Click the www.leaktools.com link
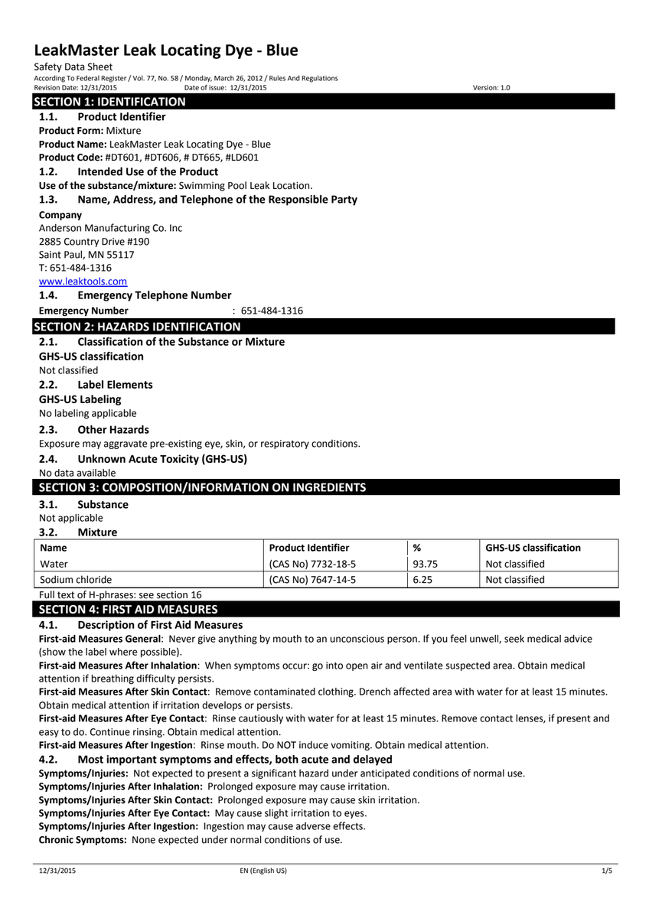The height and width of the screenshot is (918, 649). coord(83,282)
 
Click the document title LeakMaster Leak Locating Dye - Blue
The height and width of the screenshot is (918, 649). coord(166,50)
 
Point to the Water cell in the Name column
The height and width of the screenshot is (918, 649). coord(54,564)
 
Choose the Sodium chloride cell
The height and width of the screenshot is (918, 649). coord(75,579)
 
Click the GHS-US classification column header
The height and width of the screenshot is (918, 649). coord(533,548)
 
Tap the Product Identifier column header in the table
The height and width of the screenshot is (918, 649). coord(309,548)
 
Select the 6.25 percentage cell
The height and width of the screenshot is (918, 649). coord(422,579)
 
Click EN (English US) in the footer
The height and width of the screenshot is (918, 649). coord(263,871)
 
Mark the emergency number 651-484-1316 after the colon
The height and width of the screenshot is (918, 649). coord(272,311)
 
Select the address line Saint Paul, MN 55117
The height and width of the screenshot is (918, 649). coord(86,255)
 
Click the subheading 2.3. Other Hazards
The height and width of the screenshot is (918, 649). coord(94,430)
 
